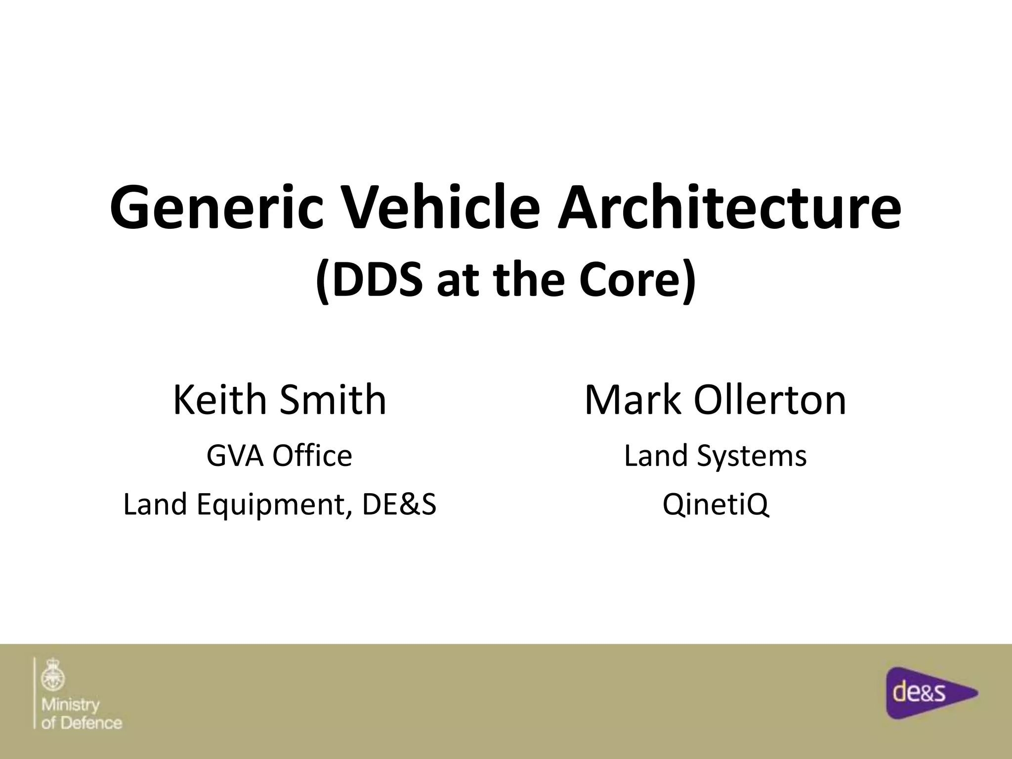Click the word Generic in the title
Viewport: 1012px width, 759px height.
pyautogui.click(x=216, y=207)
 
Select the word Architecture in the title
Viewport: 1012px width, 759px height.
pyautogui.click(x=729, y=207)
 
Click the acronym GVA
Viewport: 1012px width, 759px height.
pyautogui.click(x=236, y=456)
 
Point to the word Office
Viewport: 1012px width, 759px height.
pyautogui.click(x=312, y=456)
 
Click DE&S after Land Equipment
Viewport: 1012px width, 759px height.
pyautogui.click(x=399, y=505)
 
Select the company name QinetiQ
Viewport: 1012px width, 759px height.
pyautogui.click(x=716, y=505)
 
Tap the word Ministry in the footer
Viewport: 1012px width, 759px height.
pyautogui.click(x=71, y=704)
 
